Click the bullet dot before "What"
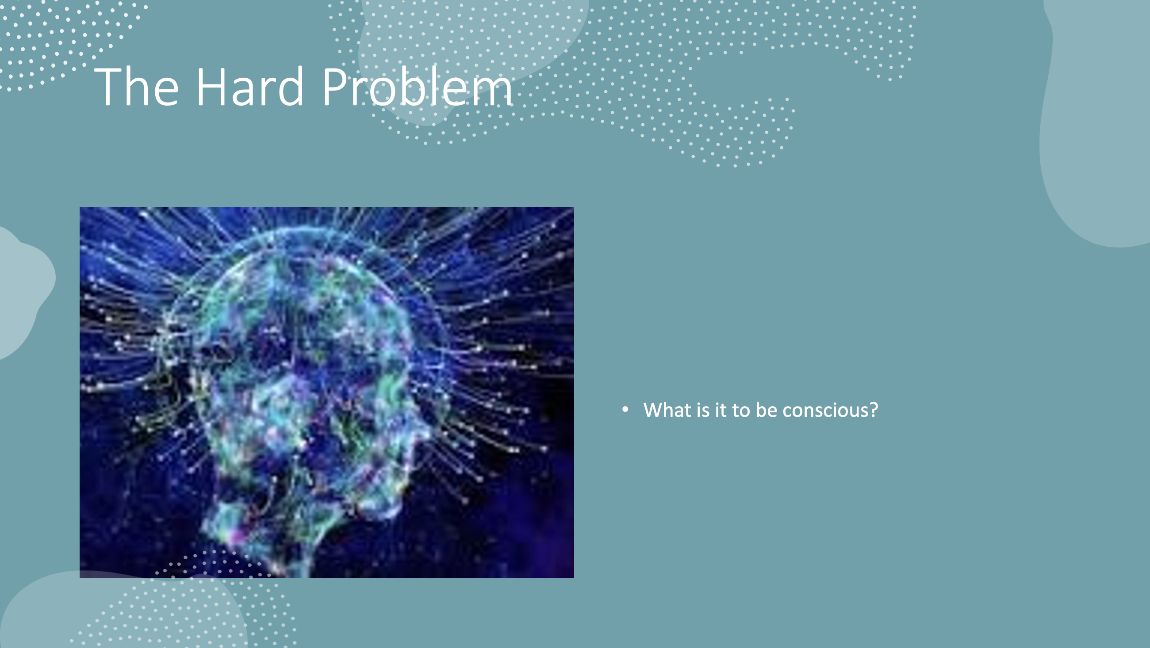(x=625, y=409)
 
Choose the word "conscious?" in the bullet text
(x=830, y=410)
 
